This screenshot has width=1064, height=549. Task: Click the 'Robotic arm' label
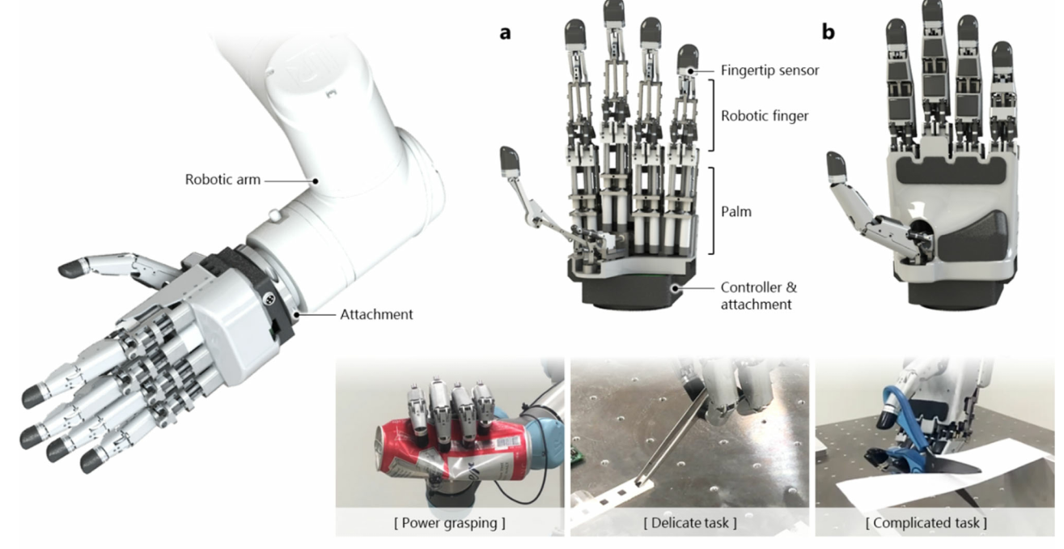coord(223,180)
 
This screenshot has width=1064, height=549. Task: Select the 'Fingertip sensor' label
coord(769,70)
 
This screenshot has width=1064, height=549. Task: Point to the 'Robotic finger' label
coord(765,116)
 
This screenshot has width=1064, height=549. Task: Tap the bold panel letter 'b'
coord(828,32)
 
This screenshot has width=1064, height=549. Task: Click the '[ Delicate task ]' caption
coord(690,522)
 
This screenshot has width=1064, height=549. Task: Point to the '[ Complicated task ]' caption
coord(926,522)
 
